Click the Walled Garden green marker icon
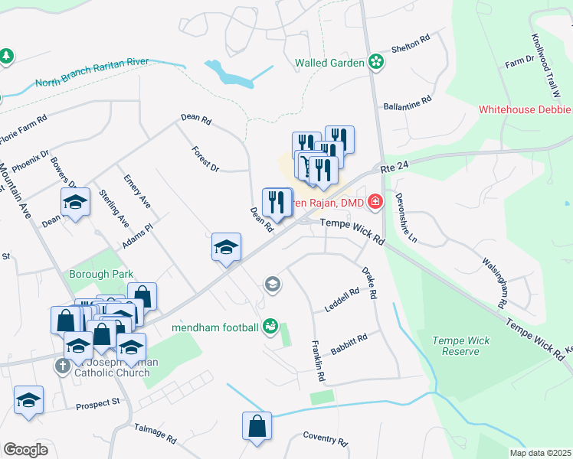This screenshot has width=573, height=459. [375, 63]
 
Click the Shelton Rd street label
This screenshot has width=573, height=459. [411, 46]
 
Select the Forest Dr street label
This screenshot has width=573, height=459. [205, 158]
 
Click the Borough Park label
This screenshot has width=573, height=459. [101, 274]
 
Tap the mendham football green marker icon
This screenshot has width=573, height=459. [270, 327]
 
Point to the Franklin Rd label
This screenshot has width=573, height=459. [318, 362]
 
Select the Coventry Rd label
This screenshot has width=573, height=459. [325, 439]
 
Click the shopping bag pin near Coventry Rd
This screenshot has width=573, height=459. [257, 427]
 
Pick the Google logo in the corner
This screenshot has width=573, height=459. [25, 450]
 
